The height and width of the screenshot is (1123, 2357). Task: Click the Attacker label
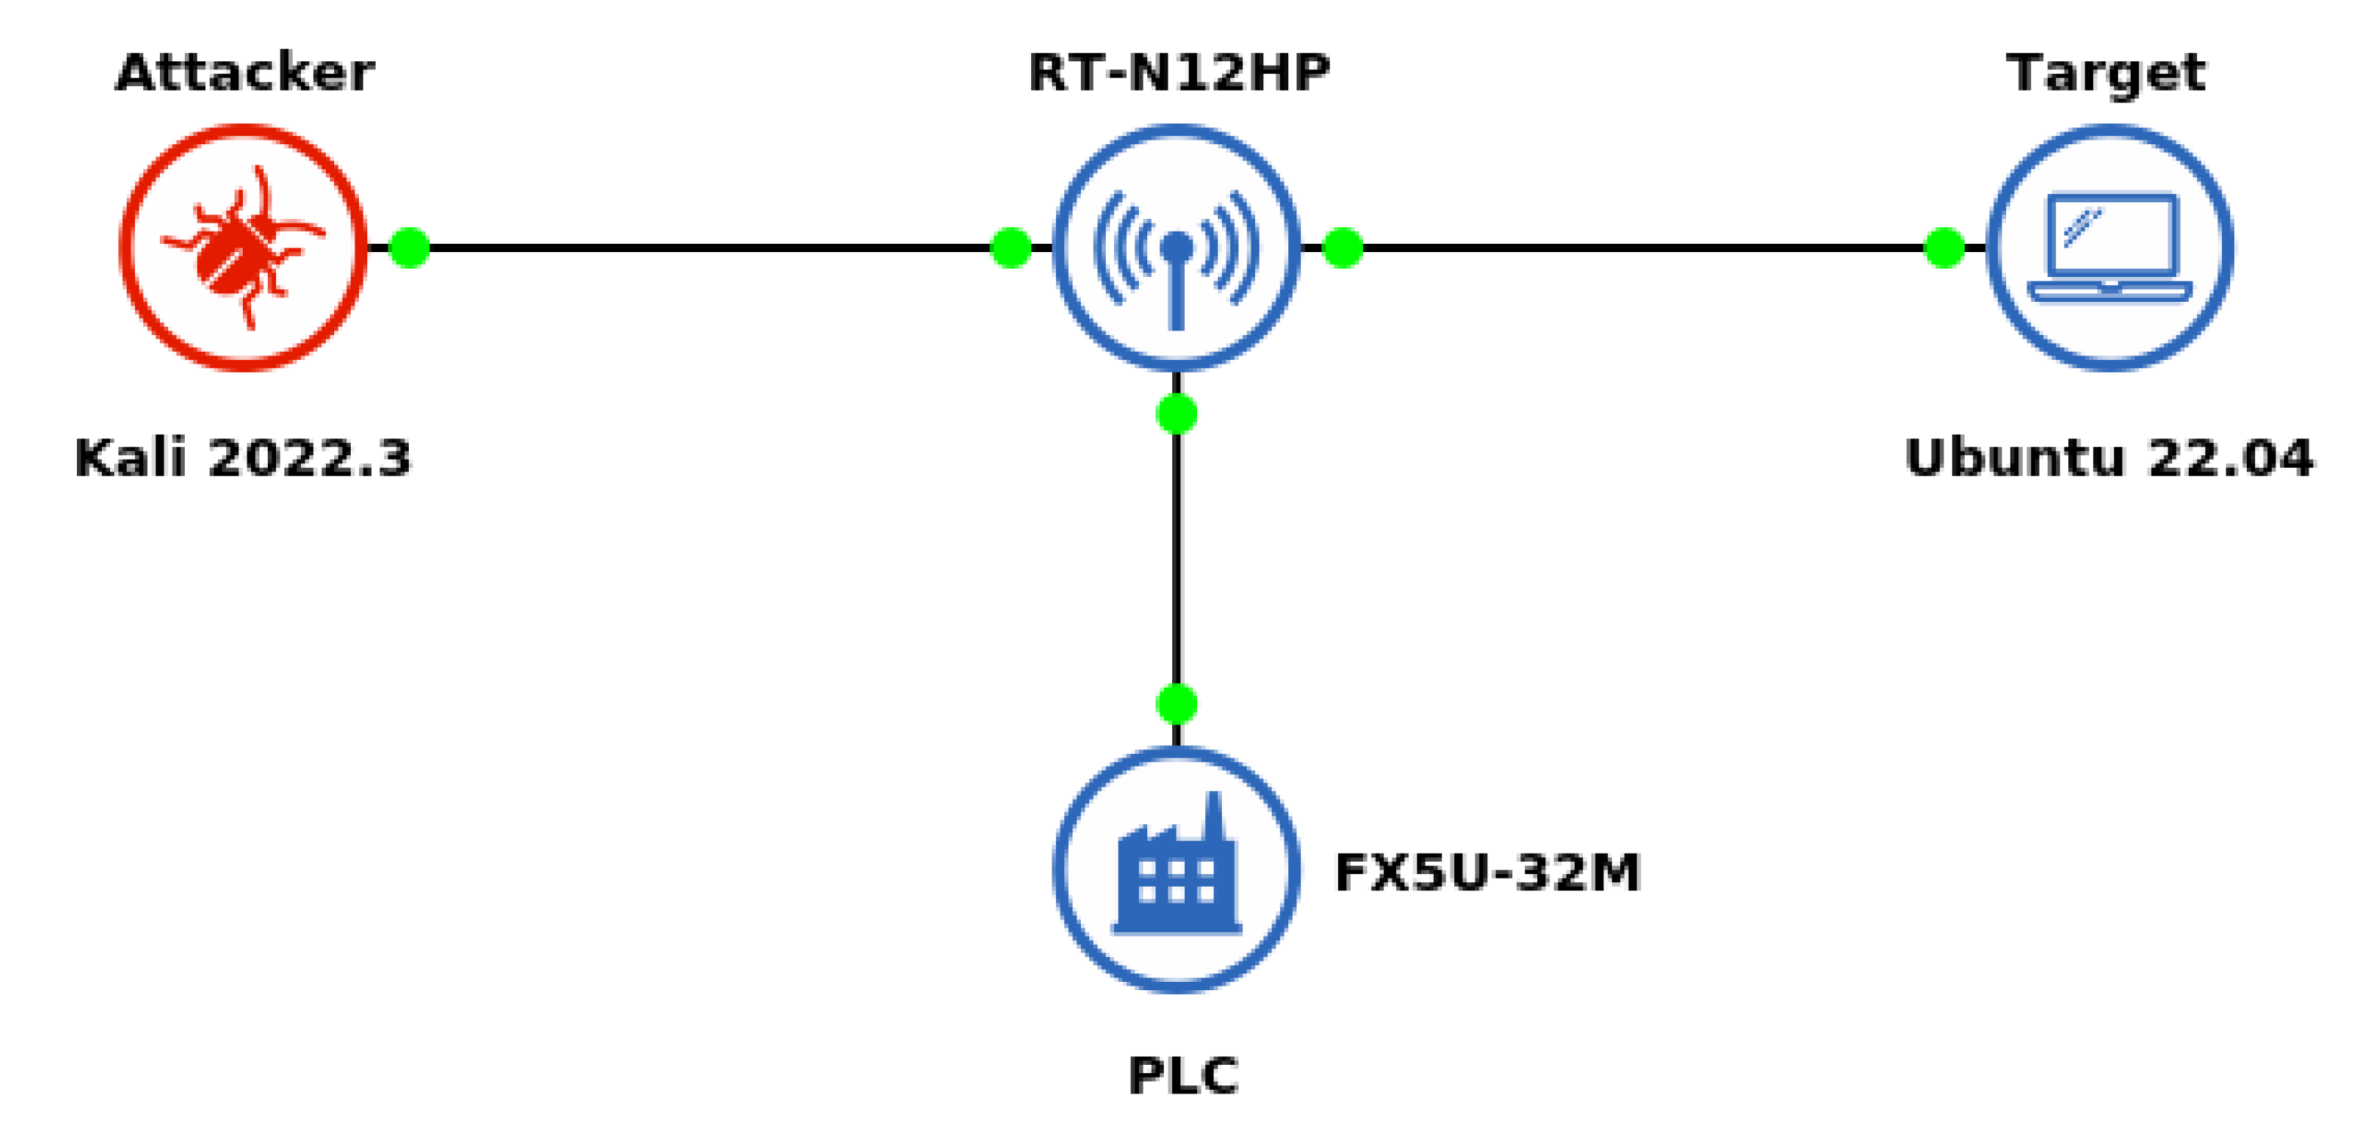244,72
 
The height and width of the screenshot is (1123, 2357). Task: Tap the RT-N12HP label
1178,72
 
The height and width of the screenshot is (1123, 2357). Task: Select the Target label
2105,72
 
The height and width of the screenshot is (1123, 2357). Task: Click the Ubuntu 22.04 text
2109,457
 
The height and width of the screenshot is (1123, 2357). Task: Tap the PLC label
1183,1075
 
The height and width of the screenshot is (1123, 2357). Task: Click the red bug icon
244,247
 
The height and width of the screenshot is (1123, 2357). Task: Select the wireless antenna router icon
1177,247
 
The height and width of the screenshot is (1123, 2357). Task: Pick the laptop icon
2110,247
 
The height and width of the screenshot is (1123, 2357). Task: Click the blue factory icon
1177,869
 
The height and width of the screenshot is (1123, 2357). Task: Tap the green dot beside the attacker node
409,247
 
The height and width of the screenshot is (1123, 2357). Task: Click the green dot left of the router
1011,247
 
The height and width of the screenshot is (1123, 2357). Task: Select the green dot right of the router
1343,247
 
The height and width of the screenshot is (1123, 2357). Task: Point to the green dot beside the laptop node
1944,247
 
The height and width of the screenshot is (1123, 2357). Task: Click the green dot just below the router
1177,414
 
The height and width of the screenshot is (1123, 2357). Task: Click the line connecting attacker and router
709,247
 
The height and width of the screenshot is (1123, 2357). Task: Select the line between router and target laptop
1643,247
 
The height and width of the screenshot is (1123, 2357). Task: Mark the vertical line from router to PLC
1177,558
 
